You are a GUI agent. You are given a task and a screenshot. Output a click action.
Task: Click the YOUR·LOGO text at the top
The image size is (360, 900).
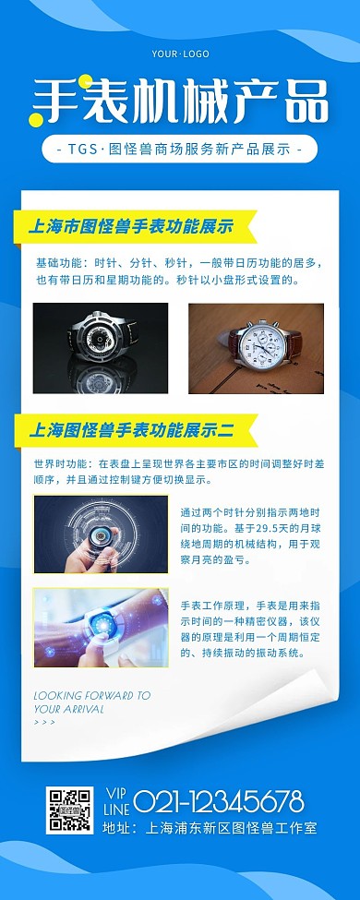[x=180, y=54]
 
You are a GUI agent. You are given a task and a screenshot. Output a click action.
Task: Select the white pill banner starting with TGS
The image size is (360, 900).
[x=179, y=149]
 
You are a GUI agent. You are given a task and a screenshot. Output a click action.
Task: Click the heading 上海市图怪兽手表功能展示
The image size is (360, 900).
[x=131, y=226]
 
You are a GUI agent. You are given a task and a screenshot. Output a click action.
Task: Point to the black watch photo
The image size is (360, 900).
[x=101, y=348]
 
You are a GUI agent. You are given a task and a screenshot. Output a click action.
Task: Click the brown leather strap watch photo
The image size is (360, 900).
[x=256, y=348]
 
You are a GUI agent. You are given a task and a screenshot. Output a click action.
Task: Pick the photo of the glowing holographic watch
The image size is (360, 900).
[x=101, y=534]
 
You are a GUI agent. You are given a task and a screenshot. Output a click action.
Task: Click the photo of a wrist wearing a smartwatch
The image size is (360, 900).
[x=101, y=628]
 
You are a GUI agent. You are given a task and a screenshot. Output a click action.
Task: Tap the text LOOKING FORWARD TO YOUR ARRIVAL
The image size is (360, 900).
[x=91, y=702]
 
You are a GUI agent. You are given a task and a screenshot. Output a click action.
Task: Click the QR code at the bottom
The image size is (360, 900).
[x=69, y=810]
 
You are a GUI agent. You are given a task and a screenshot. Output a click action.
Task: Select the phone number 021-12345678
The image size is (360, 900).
[x=218, y=799]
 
